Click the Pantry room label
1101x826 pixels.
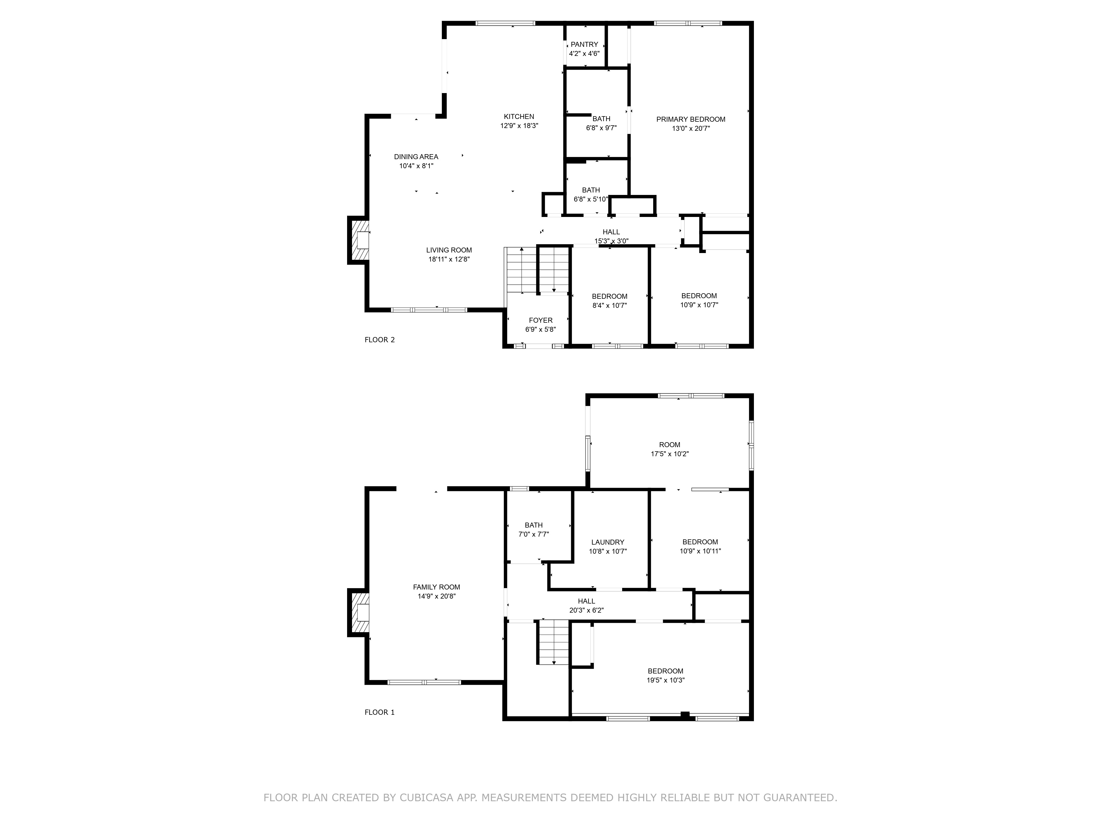tap(584, 44)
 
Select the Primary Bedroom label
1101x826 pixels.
tap(691, 119)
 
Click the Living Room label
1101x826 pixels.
tap(449, 250)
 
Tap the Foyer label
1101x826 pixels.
tap(541, 320)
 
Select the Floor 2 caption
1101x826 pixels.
tap(380, 339)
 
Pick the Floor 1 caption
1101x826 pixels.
tap(380, 712)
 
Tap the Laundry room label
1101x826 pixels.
tap(608, 542)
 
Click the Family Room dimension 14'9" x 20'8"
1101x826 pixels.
tap(437, 596)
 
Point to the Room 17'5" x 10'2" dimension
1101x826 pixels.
tap(670, 453)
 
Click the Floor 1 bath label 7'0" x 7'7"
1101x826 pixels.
tap(534, 534)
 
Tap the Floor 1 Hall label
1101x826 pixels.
tap(586, 601)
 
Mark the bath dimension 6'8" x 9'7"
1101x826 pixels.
tap(601, 127)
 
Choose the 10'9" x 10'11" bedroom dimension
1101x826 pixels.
tap(700, 551)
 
